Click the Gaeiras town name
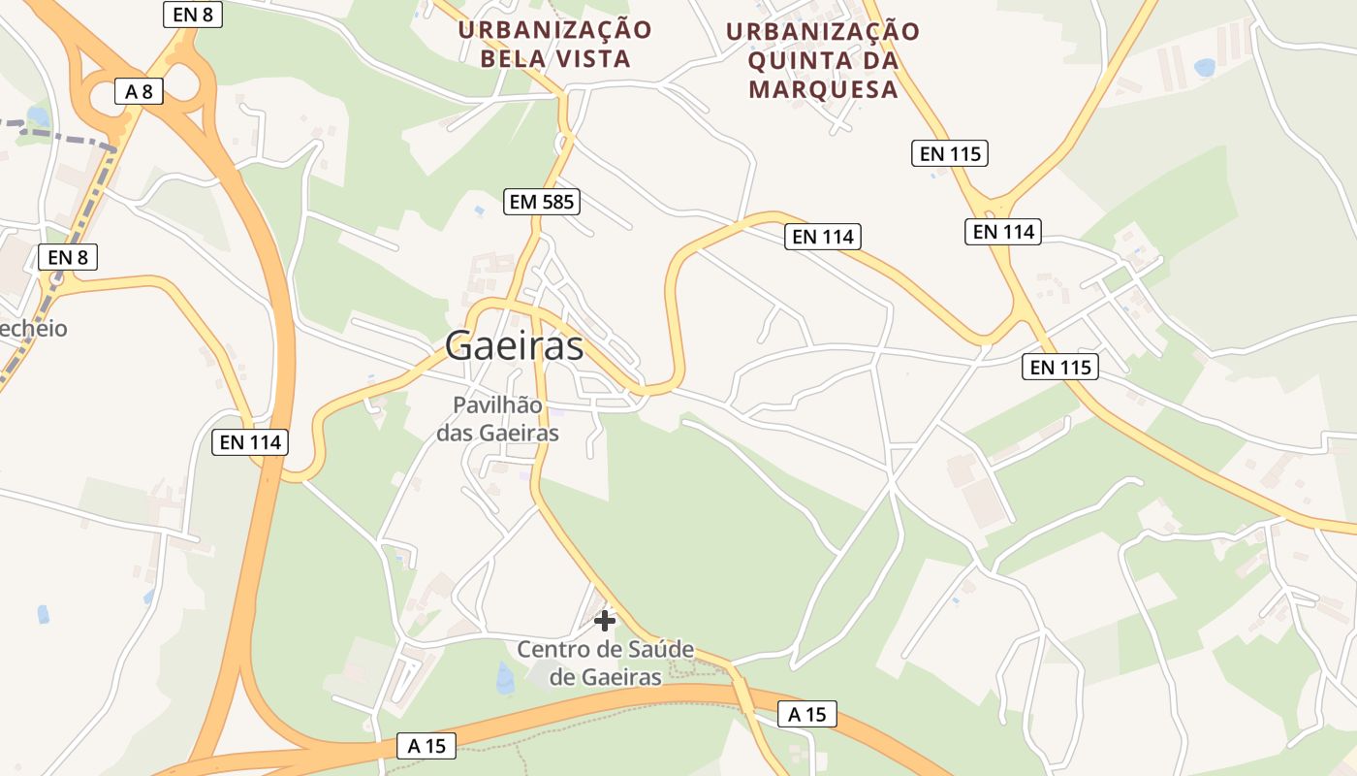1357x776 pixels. pos(515,345)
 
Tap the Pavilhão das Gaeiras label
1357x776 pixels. pos(497,419)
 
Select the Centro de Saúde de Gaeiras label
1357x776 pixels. pos(605,663)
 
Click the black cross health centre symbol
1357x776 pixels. pos(605,620)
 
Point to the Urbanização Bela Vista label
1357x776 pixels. pos(555,44)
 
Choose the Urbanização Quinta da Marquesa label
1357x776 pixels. pos(823,60)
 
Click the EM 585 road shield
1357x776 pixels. pos(542,202)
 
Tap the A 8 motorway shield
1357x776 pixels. pos(139,91)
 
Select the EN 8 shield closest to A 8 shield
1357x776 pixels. pos(192,14)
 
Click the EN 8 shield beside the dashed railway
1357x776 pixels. pos(68,257)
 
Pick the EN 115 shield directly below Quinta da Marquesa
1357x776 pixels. pos(949,153)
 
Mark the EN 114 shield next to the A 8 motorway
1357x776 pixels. pos(250,442)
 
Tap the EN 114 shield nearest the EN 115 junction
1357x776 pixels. pos(1002,232)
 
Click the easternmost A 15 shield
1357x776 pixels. pos(806,715)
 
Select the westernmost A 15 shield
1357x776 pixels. pos(426,746)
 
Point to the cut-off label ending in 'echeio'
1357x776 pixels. pos(34,329)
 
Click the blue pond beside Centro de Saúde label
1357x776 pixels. pos(505,679)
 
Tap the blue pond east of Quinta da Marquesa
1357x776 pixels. pos(1205,67)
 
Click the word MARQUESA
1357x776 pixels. pos(823,89)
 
